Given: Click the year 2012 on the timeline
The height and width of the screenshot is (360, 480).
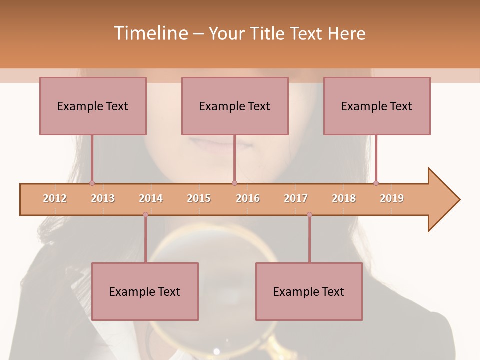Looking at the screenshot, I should click(55, 198).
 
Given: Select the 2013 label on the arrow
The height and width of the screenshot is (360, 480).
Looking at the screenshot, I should click(103, 198).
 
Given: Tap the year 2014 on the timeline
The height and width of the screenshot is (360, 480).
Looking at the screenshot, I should click(151, 198).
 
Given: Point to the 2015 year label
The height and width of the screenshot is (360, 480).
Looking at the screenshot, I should click(199, 198).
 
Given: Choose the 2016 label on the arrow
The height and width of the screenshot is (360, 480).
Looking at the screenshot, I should click(248, 198).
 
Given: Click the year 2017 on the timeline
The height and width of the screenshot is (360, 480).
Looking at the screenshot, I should click(296, 198).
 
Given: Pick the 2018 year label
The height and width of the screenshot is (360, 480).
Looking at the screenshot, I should click(344, 198).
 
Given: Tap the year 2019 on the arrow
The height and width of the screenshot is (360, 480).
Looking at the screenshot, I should click(392, 198).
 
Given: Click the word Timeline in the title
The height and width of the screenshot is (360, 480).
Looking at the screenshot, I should click(149, 33).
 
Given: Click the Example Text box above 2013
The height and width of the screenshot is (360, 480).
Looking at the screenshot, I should click(93, 106).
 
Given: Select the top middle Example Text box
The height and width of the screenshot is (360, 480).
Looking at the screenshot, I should click(235, 106).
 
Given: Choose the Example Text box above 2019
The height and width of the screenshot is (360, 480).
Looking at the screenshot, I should click(377, 106).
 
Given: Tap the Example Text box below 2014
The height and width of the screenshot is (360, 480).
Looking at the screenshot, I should click(145, 291).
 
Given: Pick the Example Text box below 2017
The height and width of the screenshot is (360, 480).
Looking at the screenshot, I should click(309, 291).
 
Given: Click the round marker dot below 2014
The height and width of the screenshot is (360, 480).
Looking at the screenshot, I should click(145, 214).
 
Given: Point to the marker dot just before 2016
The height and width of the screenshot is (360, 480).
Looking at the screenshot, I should click(234, 183).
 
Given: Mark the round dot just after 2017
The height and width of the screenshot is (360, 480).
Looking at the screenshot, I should click(309, 214).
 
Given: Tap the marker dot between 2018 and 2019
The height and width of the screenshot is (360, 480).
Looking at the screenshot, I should click(376, 183).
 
